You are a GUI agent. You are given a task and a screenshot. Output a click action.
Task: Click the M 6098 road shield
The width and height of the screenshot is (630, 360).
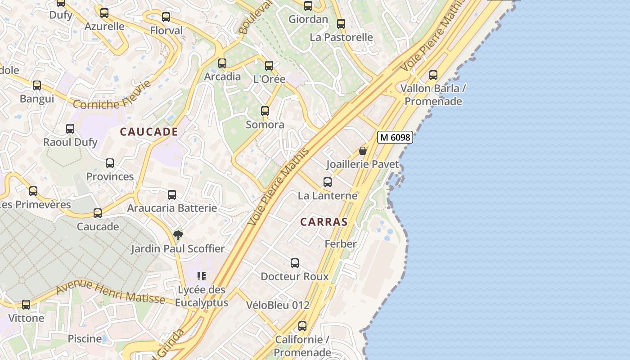click(x=395, y=137)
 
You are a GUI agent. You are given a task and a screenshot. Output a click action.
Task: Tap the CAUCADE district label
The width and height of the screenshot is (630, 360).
click(x=149, y=132)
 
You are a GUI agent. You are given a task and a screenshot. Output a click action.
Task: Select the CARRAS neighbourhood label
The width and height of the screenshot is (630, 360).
click(x=324, y=222)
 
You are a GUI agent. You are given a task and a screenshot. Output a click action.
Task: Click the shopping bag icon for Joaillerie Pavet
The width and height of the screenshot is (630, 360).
click(x=363, y=151)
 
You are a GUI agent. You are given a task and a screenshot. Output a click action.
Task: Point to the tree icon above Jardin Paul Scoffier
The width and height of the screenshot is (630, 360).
click(x=178, y=235)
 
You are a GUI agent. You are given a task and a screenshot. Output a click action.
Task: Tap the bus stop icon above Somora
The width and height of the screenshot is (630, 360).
click(x=265, y=111)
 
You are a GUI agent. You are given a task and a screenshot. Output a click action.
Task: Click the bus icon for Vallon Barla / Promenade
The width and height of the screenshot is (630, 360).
click(x=433, y=75)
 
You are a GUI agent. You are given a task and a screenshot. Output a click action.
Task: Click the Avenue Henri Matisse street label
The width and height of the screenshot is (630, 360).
click(x=110, y=291)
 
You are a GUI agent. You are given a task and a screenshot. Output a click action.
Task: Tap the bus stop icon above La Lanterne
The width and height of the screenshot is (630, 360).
click(x=328, y=182)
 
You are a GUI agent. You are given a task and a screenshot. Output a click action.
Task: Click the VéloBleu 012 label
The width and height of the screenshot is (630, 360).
click(x=278, y=305)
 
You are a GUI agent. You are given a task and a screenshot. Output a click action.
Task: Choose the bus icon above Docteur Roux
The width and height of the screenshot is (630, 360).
click(x=295, y=263)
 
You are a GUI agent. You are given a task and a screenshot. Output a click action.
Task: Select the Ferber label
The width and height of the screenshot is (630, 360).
click(x=341, y=244)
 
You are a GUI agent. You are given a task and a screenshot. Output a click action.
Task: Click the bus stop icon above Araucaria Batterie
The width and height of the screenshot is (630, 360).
click(x=172, y=195)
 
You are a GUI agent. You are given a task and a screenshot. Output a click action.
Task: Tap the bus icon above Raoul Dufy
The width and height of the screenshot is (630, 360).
click(x=70, y=129)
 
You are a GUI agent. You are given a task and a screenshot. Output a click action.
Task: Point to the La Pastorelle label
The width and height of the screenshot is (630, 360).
click(x=341, y=37)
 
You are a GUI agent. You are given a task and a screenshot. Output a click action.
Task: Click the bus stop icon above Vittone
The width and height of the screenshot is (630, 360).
click(x=27, y=305)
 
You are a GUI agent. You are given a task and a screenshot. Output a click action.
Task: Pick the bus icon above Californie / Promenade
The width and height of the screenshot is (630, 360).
click(x=302, y=326)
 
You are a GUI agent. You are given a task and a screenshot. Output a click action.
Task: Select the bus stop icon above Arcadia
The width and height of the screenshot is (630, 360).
click(x=222, y=63)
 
